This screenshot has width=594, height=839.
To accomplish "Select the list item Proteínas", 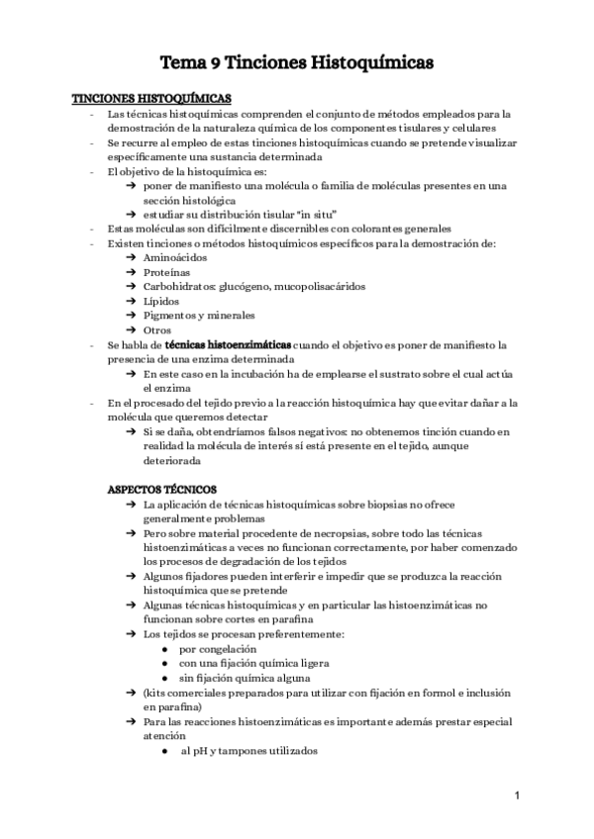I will [x=167, y=272].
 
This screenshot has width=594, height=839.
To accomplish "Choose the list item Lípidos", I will [x=162, y=301].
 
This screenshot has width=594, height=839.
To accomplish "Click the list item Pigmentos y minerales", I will [x=199, y=316].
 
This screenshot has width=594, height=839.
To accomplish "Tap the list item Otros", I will [x=157, y=330].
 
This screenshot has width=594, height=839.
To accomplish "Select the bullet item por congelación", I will [x=211, y=649].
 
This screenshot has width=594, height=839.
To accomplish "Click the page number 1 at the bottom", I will [x=517, y=795].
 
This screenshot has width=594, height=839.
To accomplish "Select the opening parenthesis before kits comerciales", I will [x=146, y=694].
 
